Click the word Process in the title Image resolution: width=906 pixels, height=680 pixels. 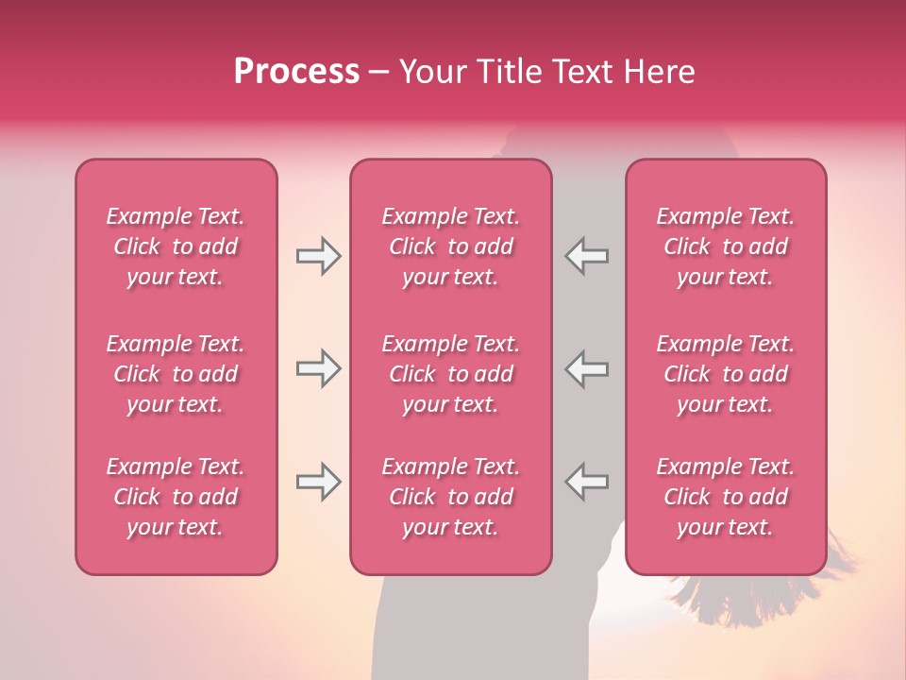coord(296,72)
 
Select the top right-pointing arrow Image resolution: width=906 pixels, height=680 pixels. coord(318,256)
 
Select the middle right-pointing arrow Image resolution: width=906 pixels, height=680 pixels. coord(318,368)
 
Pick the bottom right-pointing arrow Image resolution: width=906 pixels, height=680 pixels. coord(318,482)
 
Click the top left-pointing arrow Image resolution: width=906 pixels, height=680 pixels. coord(587,256)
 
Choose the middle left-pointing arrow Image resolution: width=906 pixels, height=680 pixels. coord(587,368)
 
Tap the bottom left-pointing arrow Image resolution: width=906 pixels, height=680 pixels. coord(587,482)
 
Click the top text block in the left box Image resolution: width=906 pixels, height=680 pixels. coord(176,246)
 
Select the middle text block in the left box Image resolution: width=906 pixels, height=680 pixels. coord(176,374)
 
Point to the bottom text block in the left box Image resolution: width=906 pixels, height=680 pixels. coord(176,497)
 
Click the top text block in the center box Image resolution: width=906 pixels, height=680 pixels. coord(451,246)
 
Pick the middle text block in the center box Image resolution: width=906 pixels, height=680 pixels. coord(451,374)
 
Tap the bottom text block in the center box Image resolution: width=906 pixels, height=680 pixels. coord(451,497)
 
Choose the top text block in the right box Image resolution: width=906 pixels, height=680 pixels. coord(726,246)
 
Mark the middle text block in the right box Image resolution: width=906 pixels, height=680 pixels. coord(726,374)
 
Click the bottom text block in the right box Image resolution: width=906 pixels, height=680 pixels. coord(726,497)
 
